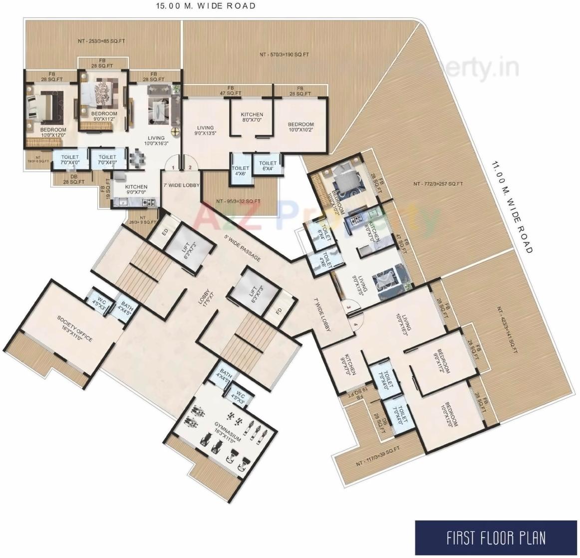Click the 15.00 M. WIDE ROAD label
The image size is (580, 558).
pos(206,6)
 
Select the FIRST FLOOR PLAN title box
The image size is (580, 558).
pos(496,539)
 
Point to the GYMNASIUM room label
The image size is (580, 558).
pos(228,432)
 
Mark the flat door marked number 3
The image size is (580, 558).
pos(349,308)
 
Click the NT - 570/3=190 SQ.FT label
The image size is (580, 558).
pos(284,54)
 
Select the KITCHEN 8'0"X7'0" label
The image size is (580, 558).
pos(252,117)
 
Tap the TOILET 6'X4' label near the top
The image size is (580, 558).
pos(268,165)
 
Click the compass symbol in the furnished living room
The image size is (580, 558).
pos(176,131)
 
